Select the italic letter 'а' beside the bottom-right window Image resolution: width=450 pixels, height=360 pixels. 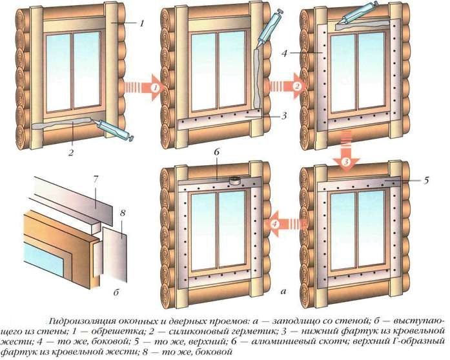pos(282,292)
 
